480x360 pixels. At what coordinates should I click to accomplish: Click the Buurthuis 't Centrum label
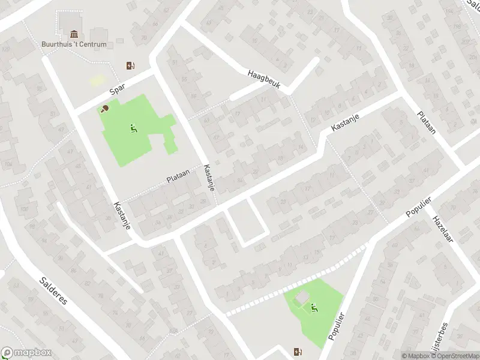point(74,44)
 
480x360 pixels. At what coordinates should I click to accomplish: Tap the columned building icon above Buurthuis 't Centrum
point(74,34)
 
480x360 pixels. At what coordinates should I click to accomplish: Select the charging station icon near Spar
point(130,65)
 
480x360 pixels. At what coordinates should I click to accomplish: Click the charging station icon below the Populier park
point(298,352)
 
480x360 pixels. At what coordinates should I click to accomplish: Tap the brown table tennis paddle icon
point(105,109)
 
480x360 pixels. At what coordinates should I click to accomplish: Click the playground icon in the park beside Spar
point(133,127)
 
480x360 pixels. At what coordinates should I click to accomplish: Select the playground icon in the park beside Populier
point(314,308)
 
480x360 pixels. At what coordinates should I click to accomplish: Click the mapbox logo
point(26,353)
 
